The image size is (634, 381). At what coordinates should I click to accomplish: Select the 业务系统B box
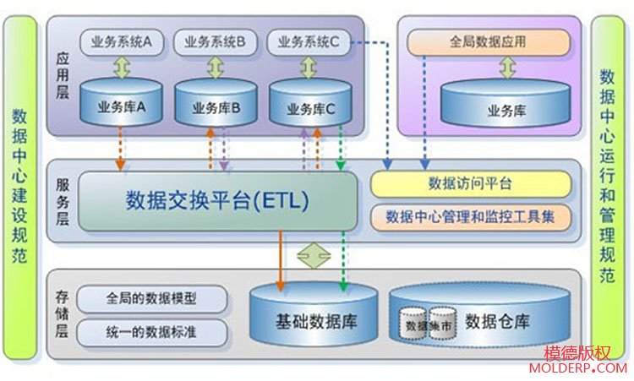pos(215,40)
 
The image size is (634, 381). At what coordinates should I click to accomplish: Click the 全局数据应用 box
pos(489,41)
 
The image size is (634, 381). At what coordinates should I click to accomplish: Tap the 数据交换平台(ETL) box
pos(217,200)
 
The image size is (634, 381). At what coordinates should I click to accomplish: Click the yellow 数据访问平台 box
pos(470,182)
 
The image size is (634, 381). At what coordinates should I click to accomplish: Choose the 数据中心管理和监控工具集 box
pos(470,216)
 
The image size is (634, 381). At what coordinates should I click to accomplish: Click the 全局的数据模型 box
pos(153,298)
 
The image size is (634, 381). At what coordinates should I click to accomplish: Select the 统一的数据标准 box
pos(153,331)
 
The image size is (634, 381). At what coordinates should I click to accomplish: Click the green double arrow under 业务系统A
pos(122,67)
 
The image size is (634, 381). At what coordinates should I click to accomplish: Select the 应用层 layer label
pos(63,74)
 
